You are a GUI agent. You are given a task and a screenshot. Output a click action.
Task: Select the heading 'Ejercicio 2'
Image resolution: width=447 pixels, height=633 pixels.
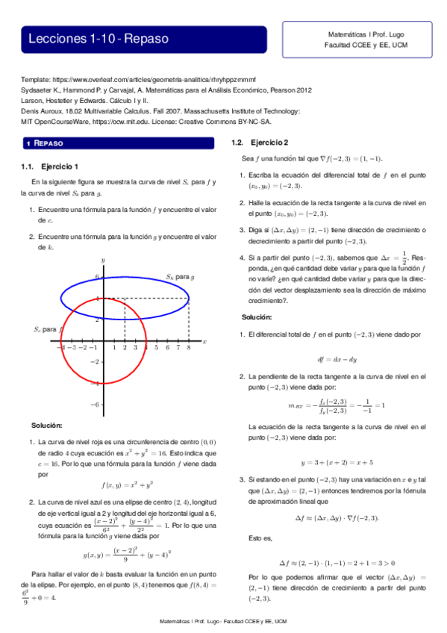coord(269,142)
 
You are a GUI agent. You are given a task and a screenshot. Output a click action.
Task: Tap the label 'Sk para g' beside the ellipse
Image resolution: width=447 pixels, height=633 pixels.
coord(180,276)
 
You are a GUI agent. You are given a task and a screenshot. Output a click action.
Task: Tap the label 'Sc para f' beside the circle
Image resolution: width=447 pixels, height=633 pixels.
coord(45,328)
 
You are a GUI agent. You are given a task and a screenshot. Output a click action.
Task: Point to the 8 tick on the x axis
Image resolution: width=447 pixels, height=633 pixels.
coord(189,347)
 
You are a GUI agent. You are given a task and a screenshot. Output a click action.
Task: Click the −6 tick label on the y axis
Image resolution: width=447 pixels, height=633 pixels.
coord(95,404)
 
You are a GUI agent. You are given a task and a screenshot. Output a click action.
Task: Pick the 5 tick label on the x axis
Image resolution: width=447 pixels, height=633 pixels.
coord(156,347)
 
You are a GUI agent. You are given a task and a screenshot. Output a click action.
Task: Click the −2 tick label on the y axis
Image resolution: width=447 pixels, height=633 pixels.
coord(95,361)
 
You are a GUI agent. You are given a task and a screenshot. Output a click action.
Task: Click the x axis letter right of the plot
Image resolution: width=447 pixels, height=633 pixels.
coord(204,341)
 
